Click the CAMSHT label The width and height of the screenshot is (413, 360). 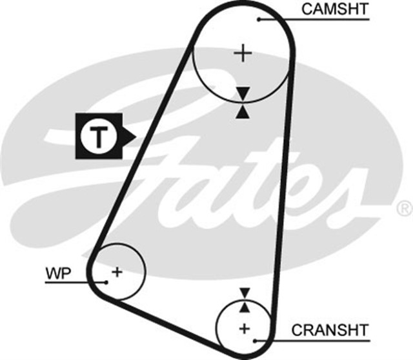pyautogui.click(x=336, y=9)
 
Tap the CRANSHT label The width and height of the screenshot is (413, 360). pyautogui.click(x=330, y=330)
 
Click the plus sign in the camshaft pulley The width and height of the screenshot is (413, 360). pyautogui.click(x=243, y=52)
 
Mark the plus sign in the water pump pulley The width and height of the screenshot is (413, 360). pyautogui.click(x=116, y=272)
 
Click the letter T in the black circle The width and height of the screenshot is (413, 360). pyautogui.click(x=98, y=136)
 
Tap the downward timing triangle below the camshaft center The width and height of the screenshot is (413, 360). pyautogui.click(x=242, y=94)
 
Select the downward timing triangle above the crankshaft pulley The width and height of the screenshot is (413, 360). pyautogui.click(x=244, y=293)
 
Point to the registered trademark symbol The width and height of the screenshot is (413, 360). pyautogui.click(x=404, y=208)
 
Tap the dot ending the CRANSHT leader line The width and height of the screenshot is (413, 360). pyautogui.click(x=257, y=339)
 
